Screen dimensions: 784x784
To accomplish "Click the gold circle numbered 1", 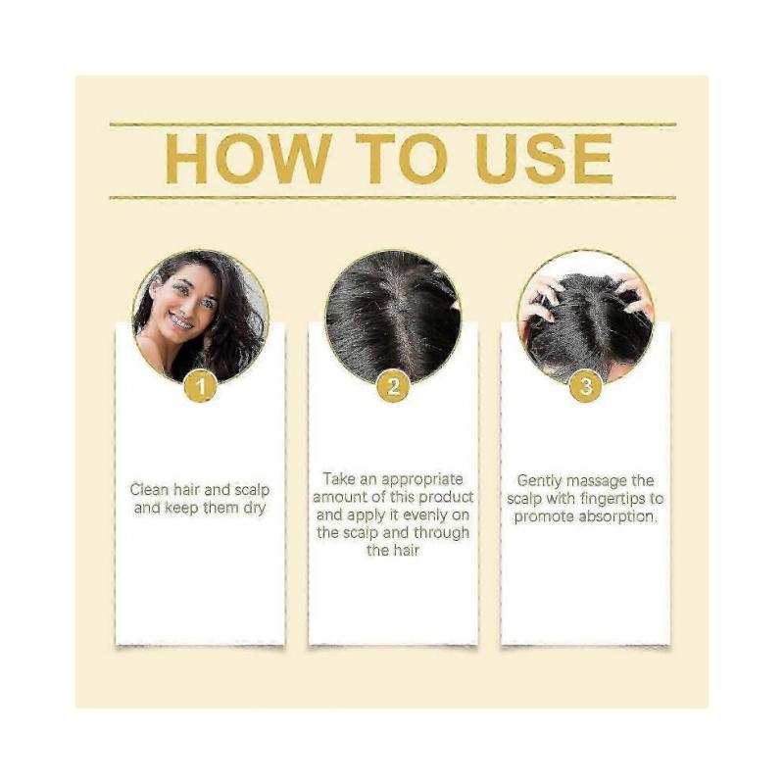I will (201, 386).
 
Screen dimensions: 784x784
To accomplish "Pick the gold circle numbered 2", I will (393, 386).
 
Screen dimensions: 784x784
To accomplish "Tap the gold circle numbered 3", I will (585, 386).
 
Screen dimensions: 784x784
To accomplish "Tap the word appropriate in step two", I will (421, 478).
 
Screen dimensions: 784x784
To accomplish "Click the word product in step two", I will (445, 497).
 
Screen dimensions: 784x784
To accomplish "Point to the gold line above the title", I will (392, 124).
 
